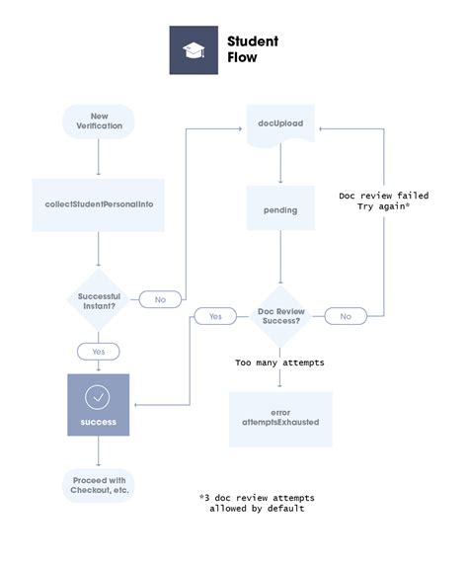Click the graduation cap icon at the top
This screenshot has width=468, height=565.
click(x=193, y=50)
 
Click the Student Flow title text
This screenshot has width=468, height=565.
click(x=253, y=49)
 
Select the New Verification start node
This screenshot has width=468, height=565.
click(x=98, y=122)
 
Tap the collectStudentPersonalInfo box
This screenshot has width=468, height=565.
click(x=98, y=204)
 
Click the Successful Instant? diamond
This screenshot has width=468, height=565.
click(x=98, y=299)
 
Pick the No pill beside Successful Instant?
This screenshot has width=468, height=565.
click(x=159, y=299)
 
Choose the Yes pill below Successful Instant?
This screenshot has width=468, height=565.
click(x=98, y=352)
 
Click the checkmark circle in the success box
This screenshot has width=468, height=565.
click(x=98, y=397)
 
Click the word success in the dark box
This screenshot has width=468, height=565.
click(x=98, y=422)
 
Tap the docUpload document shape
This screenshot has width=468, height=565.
click(x=280, y=124)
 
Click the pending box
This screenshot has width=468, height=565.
click(x=280, y=209)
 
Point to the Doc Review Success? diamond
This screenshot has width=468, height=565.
click(x=280, y=316)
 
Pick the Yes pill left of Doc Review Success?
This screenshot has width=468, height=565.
click(x=214, y=316)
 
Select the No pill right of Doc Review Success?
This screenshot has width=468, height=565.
click(x=346, y=316)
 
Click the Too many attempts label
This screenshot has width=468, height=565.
click(x=280, y=363)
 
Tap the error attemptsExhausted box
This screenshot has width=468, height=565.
click(x=280, y=418)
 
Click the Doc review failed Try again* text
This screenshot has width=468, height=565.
click(x=383, y=202)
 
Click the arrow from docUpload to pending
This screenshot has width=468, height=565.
click(x=280, y=166)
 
